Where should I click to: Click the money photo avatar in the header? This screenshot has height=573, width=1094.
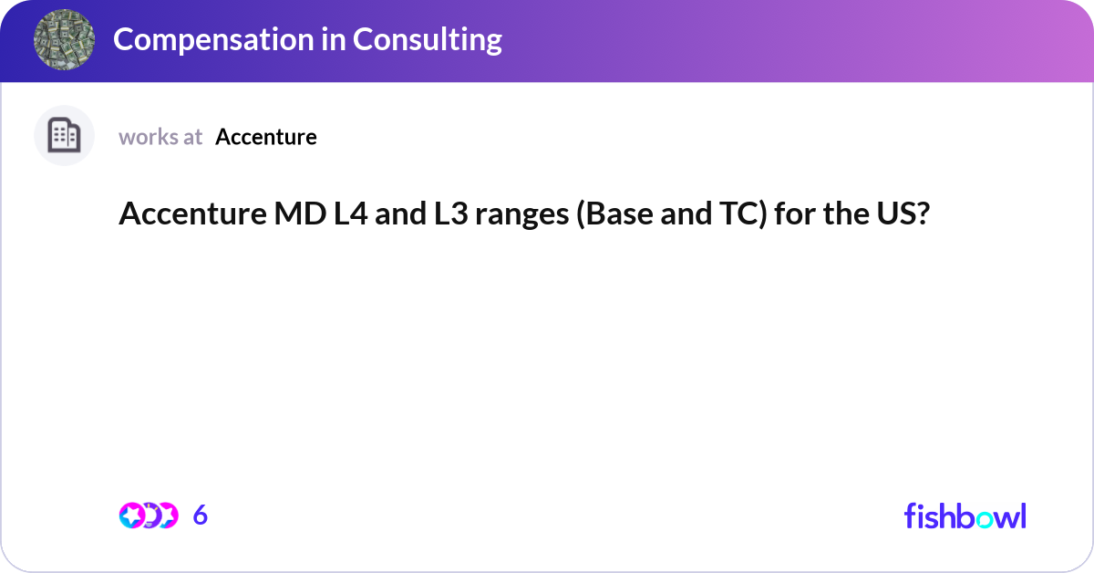coord(65,39)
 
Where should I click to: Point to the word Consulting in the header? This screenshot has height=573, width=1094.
coord(428,39)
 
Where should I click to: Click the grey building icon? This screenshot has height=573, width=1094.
coord(64,136)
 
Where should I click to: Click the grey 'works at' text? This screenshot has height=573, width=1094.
coord(160,137)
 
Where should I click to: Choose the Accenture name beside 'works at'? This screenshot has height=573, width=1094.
coord(266,137)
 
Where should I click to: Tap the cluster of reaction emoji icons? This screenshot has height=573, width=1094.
coord(148,516)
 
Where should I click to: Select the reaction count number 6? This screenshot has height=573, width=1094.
coord(201,516)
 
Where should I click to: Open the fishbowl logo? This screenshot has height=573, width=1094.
coord(965,516)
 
